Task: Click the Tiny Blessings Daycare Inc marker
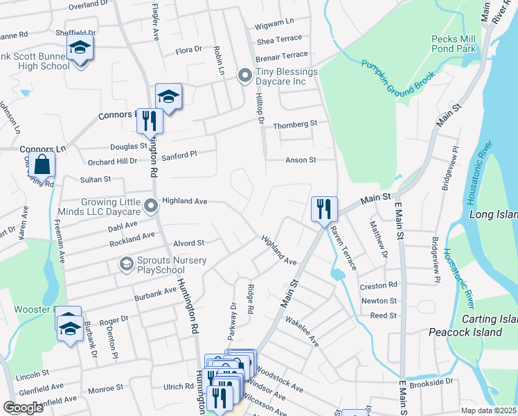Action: tap(244, 76)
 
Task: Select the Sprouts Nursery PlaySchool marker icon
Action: tap(126, 264)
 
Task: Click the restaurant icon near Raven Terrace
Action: tap(323, 209)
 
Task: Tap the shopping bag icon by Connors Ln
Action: tap(43, 164)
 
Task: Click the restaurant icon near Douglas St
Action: tap(149, 121)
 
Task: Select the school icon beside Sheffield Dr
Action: tap(80, 49)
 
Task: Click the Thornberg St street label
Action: tap(294, 123)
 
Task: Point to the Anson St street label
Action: tap(301, 159)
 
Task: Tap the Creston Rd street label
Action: tap(378, 285)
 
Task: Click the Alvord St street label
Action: tap(188, 243)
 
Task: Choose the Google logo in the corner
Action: tap(23, 408)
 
